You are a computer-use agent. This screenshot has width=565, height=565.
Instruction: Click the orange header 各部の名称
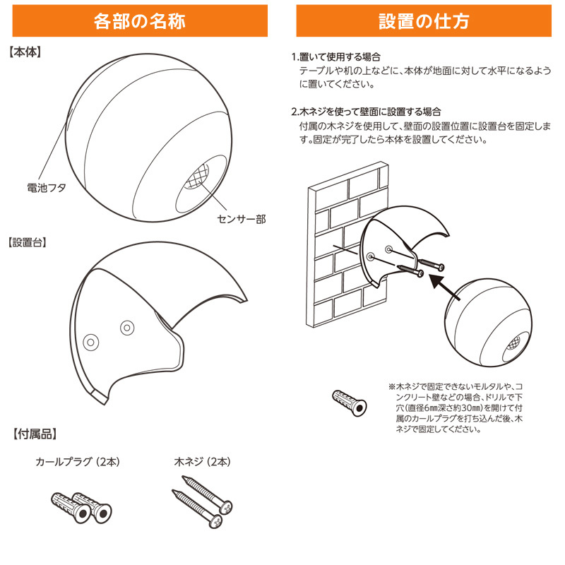(140, 21)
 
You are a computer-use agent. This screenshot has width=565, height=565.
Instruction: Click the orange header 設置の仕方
(424, 21)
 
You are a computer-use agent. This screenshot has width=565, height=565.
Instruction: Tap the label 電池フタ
(47, 188)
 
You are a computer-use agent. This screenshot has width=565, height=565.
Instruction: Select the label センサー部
(242, 219)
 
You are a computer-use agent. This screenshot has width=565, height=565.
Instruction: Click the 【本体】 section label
(25, 52)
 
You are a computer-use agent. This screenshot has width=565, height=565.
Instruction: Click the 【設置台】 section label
(28, 242)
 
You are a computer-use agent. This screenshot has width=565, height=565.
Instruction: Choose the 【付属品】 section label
(35, 434)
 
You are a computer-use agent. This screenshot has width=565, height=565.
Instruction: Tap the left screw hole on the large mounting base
(91, 342)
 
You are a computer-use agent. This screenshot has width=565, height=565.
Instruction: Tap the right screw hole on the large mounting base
(127, 328)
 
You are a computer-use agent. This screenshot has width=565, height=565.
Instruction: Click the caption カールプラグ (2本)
(78, 462)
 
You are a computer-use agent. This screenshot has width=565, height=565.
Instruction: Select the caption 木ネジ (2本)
(202, 462)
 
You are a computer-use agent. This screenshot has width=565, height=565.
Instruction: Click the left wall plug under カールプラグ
(71, 507)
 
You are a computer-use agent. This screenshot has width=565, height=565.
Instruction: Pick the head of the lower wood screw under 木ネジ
(216, 521)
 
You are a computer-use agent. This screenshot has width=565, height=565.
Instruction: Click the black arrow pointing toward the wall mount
(445, 287)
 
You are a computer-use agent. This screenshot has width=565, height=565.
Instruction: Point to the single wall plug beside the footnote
(349, 403)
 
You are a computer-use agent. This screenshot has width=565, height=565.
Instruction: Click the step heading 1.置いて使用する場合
(336, 57)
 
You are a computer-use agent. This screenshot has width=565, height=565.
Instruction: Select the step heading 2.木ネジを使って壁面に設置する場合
(366, 112)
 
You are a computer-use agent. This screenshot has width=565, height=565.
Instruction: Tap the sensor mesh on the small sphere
(513, 343)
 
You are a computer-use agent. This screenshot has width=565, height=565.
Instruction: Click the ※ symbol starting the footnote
(392, 387)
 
